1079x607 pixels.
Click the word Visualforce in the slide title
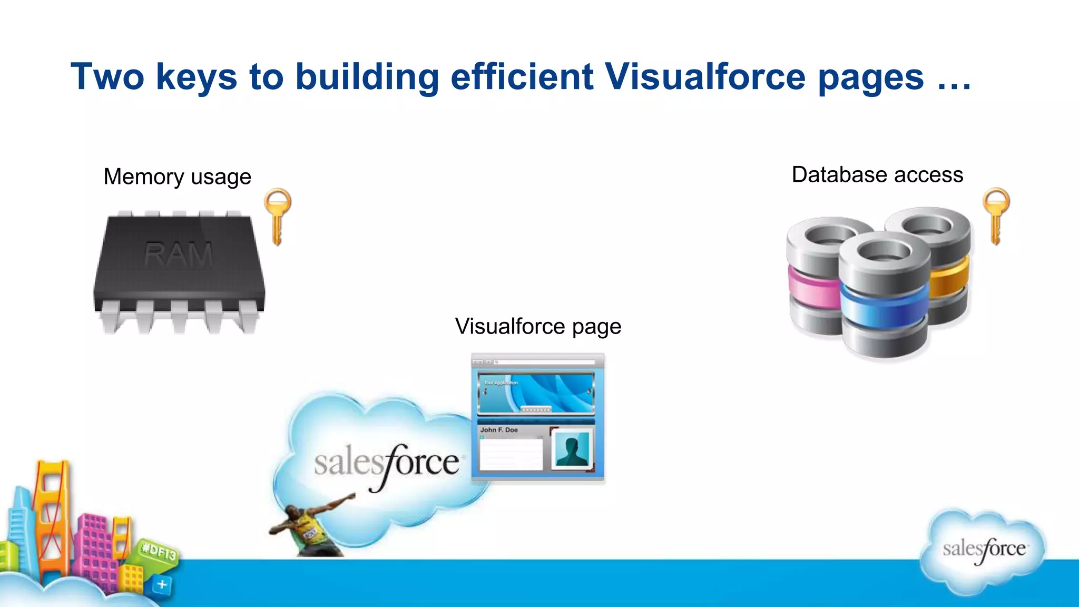(705, 77)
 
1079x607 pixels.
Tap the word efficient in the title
(522, 77)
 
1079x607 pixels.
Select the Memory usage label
(177, 177)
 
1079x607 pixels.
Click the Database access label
(877, 175)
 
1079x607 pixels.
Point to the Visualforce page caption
(538, 327)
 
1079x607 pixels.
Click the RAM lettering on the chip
(179, 255)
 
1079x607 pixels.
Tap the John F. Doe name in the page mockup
(499, 430)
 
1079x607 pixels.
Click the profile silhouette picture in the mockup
(572, 449)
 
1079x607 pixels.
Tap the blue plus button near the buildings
(162, 584)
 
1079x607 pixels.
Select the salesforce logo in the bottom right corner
(984, 550)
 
